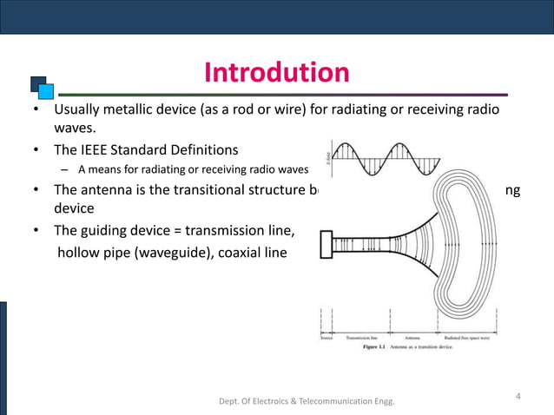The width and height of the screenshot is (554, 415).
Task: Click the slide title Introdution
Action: click(x=276, y=73)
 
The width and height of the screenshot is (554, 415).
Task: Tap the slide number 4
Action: click(x=518, y=397)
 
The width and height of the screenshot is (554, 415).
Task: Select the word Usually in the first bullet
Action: click(x=82, y=112)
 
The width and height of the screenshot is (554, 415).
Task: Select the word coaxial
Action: click(x=245, y=253)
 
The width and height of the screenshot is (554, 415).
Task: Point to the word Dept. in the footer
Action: click(x=234, y=401)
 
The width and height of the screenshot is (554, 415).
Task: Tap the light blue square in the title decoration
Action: click(x=47, y=89)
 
